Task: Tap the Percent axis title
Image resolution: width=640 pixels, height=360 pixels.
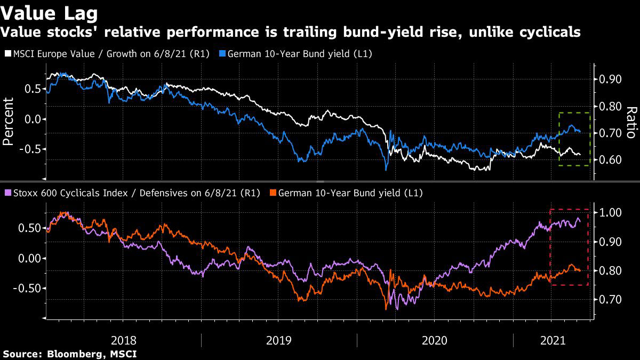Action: tap(9, 122)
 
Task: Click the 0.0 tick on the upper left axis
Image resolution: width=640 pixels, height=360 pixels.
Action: tap(33, 119)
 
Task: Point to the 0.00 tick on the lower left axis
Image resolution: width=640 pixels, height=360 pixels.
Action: tap(31, 258)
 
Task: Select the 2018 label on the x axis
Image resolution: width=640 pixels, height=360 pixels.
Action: tap(124, 340)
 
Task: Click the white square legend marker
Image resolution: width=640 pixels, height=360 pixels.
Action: tap(7, 54)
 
